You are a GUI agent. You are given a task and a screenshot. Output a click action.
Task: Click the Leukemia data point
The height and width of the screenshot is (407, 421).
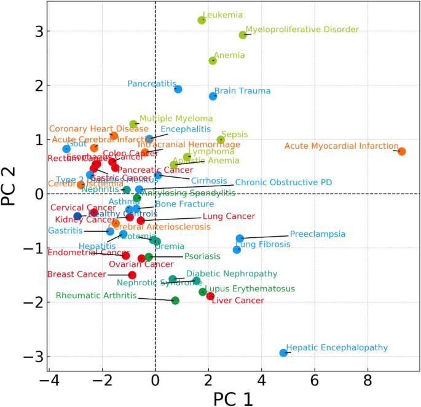pos(202,20)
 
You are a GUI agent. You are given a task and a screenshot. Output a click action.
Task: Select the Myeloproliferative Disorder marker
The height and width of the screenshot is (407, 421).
pos(243,35)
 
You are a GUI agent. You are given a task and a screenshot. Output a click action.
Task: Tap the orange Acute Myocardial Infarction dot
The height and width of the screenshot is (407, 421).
pos(402,151)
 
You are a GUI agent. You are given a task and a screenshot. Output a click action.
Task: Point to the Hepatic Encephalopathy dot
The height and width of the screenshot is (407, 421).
pos(283,353)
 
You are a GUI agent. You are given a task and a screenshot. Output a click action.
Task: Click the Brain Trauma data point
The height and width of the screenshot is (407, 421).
pos(213,96)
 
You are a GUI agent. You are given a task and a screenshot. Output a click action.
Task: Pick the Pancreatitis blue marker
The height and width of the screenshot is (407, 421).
pos(178,89)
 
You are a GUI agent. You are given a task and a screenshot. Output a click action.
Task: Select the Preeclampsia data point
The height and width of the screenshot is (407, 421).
pos(240,239)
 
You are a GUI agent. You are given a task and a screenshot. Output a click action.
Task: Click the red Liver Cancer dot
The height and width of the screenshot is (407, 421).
pos(210,296)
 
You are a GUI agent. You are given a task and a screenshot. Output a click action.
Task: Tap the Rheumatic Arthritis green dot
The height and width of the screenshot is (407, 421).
pos(175,301)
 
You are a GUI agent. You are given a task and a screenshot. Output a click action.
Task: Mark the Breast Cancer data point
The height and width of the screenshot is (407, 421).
pos(132,275)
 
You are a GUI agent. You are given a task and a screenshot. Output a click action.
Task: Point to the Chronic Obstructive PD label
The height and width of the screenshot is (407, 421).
pos(283,183)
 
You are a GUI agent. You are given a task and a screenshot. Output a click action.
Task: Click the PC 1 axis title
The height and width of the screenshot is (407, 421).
pos(233,398)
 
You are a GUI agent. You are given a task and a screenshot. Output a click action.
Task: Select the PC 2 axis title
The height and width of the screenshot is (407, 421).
pos(10,194)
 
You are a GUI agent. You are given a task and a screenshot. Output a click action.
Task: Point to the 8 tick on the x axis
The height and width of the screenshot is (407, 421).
pos(368,381)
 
